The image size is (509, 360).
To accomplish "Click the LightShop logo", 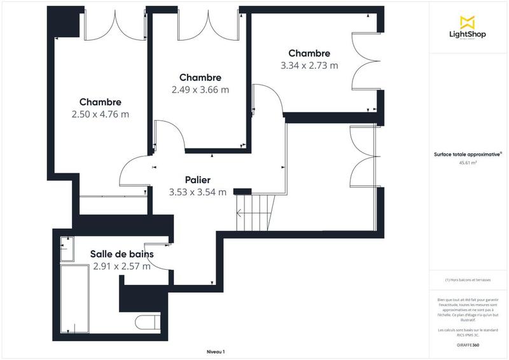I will coord(468,29).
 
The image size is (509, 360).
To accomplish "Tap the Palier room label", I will coord(198,180).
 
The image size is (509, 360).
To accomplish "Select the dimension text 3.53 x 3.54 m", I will coord(198,192).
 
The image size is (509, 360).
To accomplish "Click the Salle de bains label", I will coord(122,254).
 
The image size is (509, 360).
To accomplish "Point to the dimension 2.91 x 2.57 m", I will coord(122,267).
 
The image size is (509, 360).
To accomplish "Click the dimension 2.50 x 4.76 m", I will coord(101,114).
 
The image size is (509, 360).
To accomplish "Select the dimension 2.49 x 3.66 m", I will coord(200,90).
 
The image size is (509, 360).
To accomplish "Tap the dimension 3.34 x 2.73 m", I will coord(309,66).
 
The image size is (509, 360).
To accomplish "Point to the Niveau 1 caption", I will coord(216,352).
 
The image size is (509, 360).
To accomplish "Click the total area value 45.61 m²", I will coord(468,163).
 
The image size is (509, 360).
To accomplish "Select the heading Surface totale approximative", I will coord(468,153).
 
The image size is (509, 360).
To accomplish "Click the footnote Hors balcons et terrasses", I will coord(468,280).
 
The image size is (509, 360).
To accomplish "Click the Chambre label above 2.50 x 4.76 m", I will coord(101,102).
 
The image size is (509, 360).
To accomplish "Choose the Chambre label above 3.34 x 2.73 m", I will coord(309,53).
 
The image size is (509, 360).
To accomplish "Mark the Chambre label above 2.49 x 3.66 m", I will coord(200,78).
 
